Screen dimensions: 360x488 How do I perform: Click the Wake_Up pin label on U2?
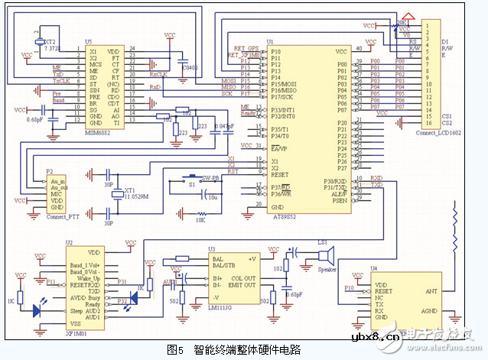click(x=83, y=279)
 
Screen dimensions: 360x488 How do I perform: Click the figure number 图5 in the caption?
click(x=176, y=349)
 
